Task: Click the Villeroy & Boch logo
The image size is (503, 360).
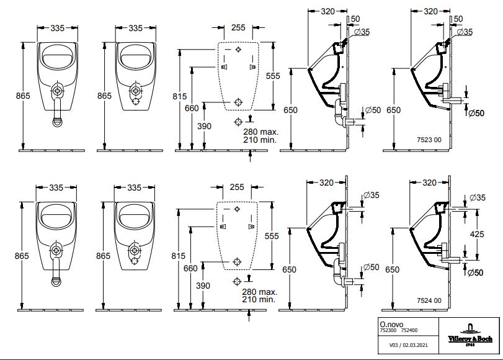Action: click(x=470, y=336)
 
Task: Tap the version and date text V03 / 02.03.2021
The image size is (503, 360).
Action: click(x=408, y=345)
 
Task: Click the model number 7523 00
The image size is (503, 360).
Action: click(x=429, y=140)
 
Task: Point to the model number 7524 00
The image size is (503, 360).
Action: click(x=429, y=300)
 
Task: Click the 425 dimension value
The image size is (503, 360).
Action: click(x=477, y=234)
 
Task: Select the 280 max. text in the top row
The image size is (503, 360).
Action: click(x=260, y=132)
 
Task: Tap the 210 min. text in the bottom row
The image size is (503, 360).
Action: click(x=259, y=299)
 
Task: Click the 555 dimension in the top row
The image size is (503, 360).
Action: click(x=273, y=76)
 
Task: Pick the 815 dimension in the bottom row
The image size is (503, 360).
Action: click(x=178, y=256)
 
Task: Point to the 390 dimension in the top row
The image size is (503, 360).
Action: click(x=204, y=126)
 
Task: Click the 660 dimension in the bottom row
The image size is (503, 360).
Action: click(x=190, y=268)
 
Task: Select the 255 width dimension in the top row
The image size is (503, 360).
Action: click(x=238, y=27)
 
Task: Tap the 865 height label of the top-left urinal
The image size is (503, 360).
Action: click(x=23, y=96)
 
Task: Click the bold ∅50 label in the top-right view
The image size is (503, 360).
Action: click(x=476, y=113)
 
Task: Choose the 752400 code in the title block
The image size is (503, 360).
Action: click(x=409, y=330)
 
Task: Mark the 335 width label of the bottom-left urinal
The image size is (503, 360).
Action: click(x=56, y=187)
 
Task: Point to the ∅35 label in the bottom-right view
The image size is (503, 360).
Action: click(x=478, y=197)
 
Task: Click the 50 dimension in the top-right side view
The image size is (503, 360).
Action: click(x=458, y=19)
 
